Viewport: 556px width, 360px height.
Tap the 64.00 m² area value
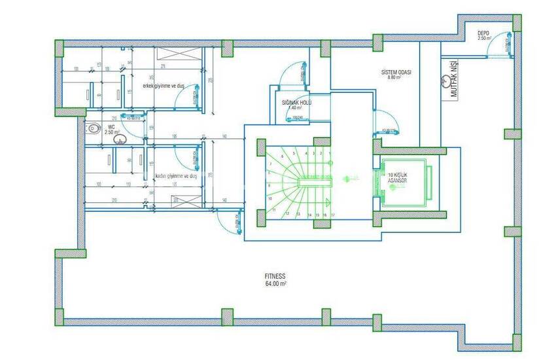point(277,284)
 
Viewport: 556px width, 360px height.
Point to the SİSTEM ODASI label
point(397,71)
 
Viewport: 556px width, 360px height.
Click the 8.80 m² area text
point(394,78)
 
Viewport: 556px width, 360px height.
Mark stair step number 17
point(333,214)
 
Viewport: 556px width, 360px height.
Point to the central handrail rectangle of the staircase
point(315,184)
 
